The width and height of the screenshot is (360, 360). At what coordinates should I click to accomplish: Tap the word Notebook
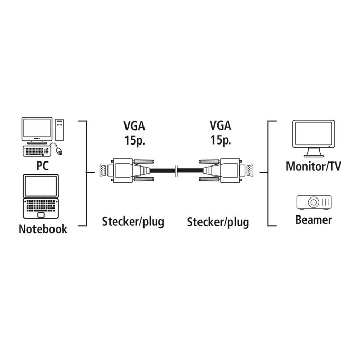tap(43, 229)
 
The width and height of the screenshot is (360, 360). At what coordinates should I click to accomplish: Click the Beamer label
tap(314, 220)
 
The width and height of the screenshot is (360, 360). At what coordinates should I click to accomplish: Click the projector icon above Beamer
tap(314, 202)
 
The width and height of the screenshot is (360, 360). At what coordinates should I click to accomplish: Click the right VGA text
tap(220, 126)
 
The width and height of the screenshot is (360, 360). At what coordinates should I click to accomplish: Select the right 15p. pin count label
tap(220, 140)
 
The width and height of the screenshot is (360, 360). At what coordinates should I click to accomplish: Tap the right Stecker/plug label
tap(218, 222)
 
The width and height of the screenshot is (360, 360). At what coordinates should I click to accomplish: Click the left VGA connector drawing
tap(123, 170)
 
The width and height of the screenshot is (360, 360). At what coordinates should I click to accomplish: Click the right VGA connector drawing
tap(226, 170)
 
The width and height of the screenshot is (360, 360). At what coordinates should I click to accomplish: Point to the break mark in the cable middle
tap(176, 170)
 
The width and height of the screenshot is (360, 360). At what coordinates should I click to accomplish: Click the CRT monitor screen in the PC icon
tap(37, 130)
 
